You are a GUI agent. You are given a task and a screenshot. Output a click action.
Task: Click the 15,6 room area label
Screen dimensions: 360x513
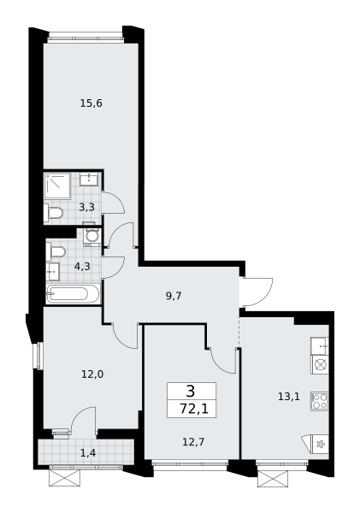tap(91, 103)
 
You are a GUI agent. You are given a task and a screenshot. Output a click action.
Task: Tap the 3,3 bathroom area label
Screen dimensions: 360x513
tap(86, 207)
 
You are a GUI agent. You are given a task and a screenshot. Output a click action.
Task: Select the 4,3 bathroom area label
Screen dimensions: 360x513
tap(82, 267)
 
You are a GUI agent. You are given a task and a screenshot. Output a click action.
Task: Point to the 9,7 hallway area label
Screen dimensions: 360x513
tap(174, 296)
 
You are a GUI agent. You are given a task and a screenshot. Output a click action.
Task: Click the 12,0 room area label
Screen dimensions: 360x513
tap(92, 374)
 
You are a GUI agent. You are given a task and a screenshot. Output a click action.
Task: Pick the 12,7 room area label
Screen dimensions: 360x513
tap(193, 442)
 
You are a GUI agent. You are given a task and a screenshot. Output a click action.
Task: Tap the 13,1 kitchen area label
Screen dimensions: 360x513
tap(289, 397)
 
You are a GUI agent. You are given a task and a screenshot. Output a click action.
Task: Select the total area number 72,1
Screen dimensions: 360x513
tap(194, 409)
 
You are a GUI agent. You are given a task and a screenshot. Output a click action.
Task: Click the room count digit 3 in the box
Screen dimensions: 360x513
tap(191, 391)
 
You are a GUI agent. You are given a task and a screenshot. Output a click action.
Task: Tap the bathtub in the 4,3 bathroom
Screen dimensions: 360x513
tap(73, 294)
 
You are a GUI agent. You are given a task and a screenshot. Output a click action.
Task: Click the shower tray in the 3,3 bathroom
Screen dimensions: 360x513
tap(57, 186)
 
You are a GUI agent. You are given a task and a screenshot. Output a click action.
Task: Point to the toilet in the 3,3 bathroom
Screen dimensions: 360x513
tap(53, 213)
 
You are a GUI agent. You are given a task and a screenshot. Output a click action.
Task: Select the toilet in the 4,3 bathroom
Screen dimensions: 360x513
tap(56, 251)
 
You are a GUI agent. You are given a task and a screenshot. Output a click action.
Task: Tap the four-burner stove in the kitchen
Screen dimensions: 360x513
tap(320, 402)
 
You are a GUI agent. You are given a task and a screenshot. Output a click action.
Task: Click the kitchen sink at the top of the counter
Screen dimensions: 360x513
tap(320, 346)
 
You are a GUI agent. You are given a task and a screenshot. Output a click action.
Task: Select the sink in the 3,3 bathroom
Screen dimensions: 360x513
tap(88, 180)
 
